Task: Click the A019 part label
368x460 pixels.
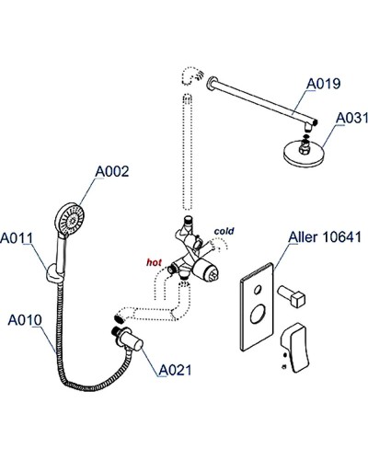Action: coord(322,83)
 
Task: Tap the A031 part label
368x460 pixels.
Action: coord(351,118)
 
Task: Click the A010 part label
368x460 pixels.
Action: coord(25,321)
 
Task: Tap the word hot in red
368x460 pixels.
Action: coord(153,262)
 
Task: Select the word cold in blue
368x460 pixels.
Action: coord(224,230)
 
